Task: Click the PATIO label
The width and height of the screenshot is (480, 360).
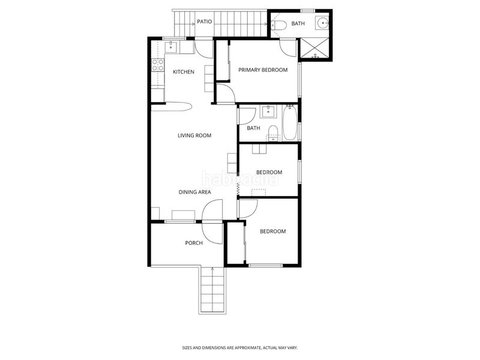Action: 204,22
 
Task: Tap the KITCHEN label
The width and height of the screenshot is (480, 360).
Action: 184,72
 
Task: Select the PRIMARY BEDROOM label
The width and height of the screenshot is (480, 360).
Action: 263,70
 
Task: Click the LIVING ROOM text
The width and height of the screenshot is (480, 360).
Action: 194,136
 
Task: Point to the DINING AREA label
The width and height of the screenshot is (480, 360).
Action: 194,192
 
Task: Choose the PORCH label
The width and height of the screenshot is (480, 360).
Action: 194,243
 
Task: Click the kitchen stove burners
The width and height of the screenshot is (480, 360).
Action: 158,65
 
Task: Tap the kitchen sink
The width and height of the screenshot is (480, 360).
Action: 171,47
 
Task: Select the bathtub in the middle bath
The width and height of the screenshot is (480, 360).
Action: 290,122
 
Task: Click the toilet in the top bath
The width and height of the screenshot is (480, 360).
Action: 279,25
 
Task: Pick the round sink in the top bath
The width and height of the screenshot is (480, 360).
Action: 323,23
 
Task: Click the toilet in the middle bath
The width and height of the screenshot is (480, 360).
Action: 272,133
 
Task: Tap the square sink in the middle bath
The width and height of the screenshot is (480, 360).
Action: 268,112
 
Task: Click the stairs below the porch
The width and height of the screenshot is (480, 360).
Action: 212,290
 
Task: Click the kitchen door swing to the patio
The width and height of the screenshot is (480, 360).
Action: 203,49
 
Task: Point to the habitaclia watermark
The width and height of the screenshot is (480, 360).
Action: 239,178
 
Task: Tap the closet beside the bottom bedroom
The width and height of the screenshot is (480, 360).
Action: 235,243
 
